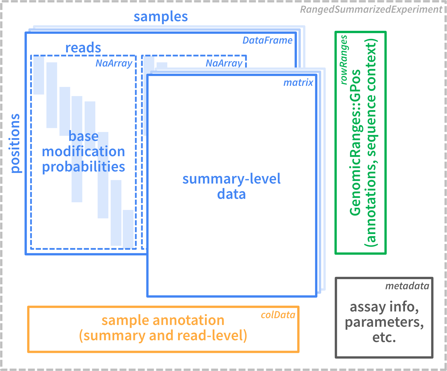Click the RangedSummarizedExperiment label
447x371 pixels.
tap(371, 10)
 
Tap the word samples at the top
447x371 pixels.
tap(161, 17)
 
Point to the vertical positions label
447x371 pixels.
tap(15, 143)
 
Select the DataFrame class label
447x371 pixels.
tap(267, 41)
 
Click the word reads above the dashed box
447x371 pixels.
tap(83, 48)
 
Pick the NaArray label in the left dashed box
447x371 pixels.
tap(114, 63)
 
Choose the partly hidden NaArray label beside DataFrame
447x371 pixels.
tap(224, 63)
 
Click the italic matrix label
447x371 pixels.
tap(298, 83)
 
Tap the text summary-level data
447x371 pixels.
tap(231, 186)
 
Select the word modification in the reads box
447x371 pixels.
tap(84, 151)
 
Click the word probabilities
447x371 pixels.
tap(84, 167)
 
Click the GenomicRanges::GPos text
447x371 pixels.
tap(355, 143)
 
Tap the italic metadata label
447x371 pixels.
tap(407, 286)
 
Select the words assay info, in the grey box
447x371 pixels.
tap(384, 307)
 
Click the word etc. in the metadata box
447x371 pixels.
tap(384, 338)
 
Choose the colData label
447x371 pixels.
tap(278, 315)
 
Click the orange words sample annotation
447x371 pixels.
tap(163, 320)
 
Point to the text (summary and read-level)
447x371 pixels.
tap(163, 336)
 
